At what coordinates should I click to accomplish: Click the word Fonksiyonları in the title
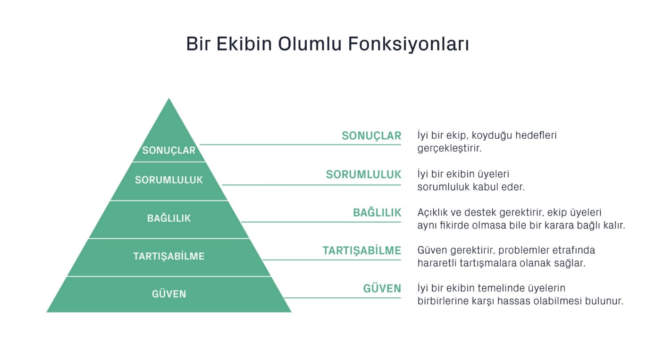(x=409, y=44)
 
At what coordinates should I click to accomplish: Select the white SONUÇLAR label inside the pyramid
(x=169, y=151)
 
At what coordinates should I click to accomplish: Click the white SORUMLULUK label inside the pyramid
(x=169, y=180)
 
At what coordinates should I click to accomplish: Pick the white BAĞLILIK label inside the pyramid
(x=169, y=218)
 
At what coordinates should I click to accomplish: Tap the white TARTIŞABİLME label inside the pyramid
(x=169, y=256)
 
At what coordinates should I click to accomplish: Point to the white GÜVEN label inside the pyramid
(x=169, y=293)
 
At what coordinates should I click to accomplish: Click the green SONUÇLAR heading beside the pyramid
(x=371, y=136)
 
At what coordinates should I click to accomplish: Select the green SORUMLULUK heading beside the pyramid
(x=363, y=175)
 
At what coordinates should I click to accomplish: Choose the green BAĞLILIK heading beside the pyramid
(x=377, y=213)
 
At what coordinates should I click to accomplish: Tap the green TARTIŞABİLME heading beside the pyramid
(x=361, y=251)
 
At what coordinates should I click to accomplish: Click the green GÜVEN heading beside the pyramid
(x=382, y=289)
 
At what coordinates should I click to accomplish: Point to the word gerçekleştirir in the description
(x=449, y=149)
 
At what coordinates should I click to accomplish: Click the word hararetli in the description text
(x=437, y=263)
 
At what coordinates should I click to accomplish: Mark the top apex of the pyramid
(x=169, y=98)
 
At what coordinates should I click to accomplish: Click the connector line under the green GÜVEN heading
(x=343, y=298)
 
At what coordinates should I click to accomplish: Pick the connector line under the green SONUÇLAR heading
(x=300, y=144)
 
